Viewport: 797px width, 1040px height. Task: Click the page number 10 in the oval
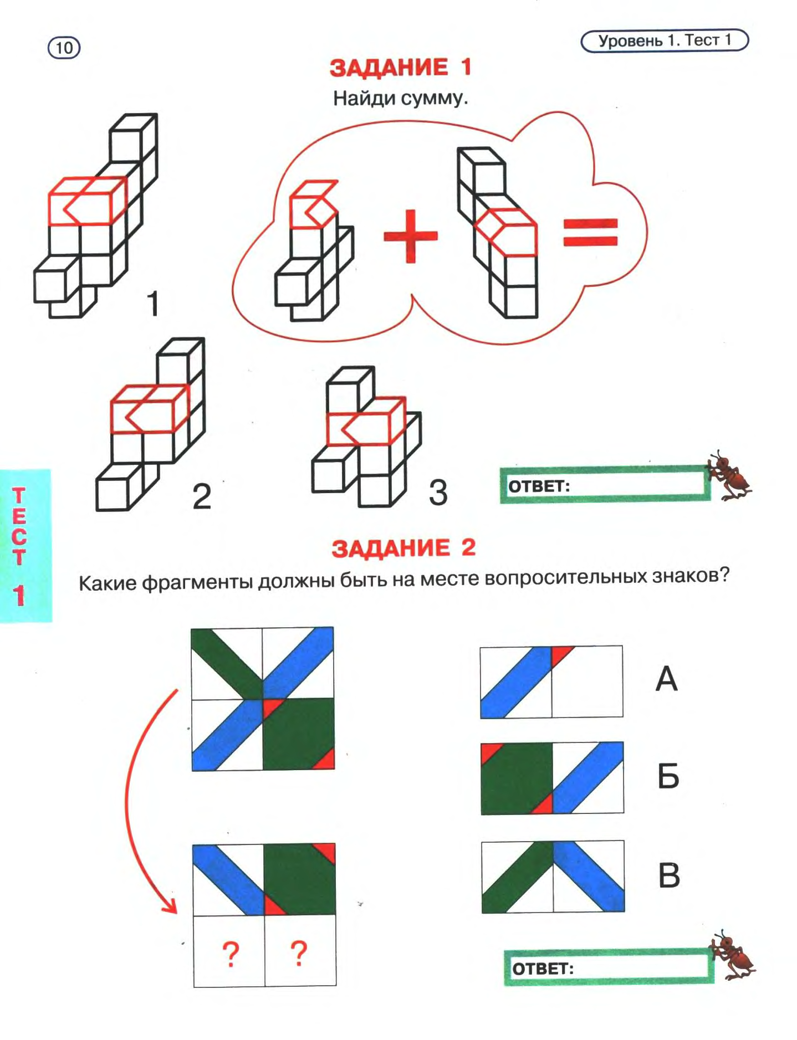(64, 48)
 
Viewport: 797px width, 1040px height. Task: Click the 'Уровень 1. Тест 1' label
(664, 40)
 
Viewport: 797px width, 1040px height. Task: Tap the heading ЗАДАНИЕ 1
(400, 68)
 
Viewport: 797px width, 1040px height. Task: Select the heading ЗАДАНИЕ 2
(403, 548)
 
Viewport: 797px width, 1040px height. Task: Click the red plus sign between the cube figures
(411, 235)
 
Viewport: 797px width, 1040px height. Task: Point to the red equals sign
(590, 232)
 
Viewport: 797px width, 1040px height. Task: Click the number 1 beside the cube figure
(152, 304)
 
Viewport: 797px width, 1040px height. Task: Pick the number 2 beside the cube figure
(202, 496)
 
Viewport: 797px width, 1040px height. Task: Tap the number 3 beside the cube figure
(438, 492)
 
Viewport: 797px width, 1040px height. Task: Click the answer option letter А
(666, 679)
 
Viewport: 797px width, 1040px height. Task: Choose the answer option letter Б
(668, 776)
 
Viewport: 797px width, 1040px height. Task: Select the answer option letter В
(668, 875)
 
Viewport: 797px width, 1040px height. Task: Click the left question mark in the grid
(231, 954)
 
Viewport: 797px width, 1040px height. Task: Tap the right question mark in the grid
(299, 953)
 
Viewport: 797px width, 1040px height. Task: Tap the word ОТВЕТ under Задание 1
(539, 486)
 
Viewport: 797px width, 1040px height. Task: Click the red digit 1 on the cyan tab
(20, 595)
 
